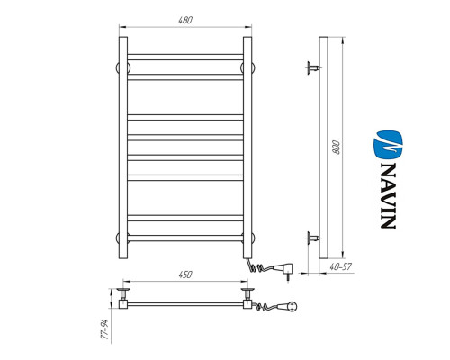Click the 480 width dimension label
[185, 20]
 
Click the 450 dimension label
[185, 274]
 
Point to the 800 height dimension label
[337, 147]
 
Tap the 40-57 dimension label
[340, 266]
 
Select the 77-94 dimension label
[103, 329]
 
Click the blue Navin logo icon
[389, 145]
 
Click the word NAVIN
[389, 196]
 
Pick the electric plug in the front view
[285, 270]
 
